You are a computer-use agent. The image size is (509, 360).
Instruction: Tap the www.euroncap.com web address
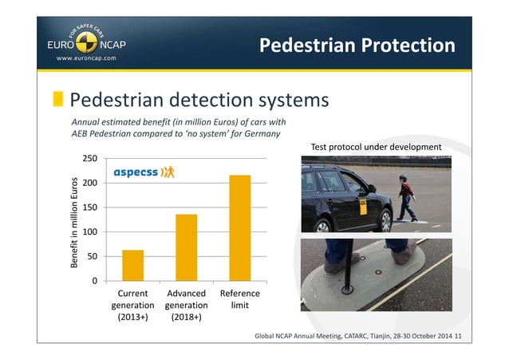(85, 57)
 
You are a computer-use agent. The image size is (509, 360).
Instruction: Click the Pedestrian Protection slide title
(357, 45)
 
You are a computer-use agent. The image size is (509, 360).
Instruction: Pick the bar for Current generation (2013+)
(133, 265)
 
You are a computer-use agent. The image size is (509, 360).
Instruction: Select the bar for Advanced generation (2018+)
(186, 247)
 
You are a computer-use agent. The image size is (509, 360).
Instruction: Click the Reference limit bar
(239, 227)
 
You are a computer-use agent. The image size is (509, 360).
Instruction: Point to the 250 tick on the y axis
(89, 159)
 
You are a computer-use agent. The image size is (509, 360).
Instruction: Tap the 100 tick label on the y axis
(89, 231)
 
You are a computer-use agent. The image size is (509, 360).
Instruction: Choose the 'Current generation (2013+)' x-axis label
(132, 305)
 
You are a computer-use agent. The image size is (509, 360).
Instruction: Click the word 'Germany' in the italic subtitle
(261, 134)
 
